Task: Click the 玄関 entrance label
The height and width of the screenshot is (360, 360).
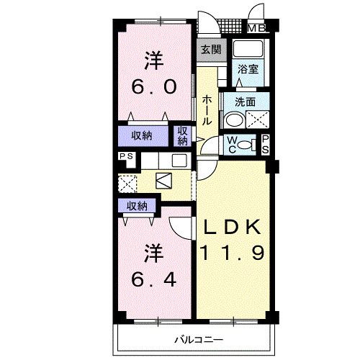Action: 211,50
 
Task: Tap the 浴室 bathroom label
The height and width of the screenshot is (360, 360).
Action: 248,70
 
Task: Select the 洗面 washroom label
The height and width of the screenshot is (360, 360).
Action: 245,102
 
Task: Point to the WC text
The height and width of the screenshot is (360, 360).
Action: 231,145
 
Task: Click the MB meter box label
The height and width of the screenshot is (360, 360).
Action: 256,29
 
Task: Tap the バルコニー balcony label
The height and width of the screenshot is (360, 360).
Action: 199,340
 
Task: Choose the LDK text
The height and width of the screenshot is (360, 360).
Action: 232,227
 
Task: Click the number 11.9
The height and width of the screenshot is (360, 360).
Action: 232,253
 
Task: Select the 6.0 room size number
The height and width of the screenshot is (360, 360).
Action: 154,86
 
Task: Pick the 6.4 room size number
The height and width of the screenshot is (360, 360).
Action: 154,279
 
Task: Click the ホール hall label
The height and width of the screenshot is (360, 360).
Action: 206,110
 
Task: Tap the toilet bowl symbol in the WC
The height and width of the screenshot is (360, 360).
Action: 246,145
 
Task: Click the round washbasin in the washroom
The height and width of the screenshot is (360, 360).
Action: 235,120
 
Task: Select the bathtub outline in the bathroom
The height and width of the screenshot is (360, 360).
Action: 248,49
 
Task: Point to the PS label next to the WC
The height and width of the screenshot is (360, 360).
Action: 266,145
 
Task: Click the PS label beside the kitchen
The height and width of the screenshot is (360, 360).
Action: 127,156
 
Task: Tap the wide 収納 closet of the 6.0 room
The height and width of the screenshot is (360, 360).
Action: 142,136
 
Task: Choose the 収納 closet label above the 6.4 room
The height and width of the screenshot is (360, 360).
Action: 137,206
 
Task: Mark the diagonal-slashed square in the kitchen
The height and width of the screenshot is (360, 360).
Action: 163,181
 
